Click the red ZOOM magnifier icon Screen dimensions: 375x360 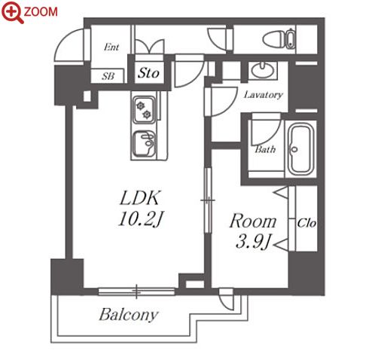click(12, 12)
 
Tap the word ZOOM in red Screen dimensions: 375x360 click(41, 12)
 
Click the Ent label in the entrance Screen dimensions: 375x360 click(111, 47)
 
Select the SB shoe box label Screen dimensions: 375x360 click(108, 76)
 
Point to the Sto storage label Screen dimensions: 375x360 click(148, 73)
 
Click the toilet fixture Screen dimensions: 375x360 click(279, 39)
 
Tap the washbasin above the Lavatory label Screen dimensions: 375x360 click(262, 70)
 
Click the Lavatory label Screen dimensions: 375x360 click(264, 95)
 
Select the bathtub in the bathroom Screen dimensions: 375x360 click(300, 150)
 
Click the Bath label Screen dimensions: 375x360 click(265, 150)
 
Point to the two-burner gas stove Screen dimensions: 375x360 click(144, 110)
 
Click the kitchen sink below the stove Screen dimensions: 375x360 click(144, 144)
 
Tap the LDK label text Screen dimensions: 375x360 click(139, 198)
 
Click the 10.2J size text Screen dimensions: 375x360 click(141, 218)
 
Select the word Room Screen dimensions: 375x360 click(253, 221)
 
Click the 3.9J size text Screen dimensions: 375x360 click(253, 242)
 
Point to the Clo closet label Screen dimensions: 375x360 click(306, 223)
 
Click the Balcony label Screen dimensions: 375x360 click(129, 315)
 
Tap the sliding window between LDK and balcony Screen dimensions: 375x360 click(136, 291)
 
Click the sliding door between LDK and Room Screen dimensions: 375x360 click(208, 200)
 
